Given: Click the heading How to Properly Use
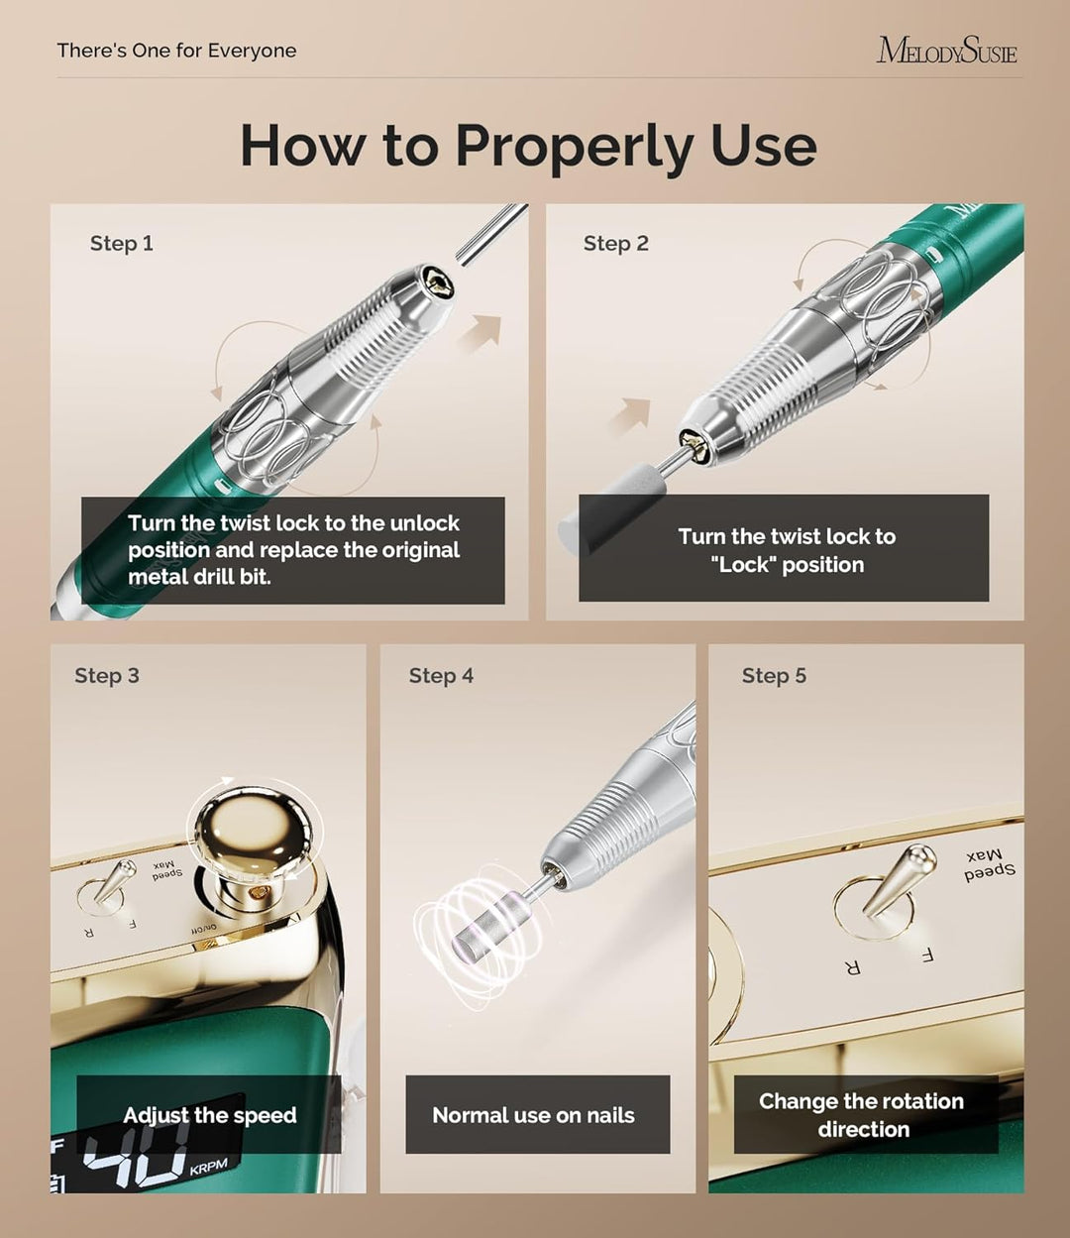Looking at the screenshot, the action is (x=528, y=147).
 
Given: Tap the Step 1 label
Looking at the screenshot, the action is (x=122, y=243).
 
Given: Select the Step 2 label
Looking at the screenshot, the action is (x=616, y=243).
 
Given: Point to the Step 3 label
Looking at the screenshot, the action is (x=107, y=676).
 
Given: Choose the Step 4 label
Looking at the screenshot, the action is (x=441, y=676).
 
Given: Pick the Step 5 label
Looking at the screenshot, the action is (x=774, y=676).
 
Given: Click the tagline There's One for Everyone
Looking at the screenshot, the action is (x=176, y=51).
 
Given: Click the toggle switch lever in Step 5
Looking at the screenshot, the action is (x=897, y=879).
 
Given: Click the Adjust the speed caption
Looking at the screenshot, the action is (x=210, y=1115).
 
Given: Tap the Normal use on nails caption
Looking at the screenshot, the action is (x=533, y=1115).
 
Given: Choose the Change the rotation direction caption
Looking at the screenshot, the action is (x=862, y=1115).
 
